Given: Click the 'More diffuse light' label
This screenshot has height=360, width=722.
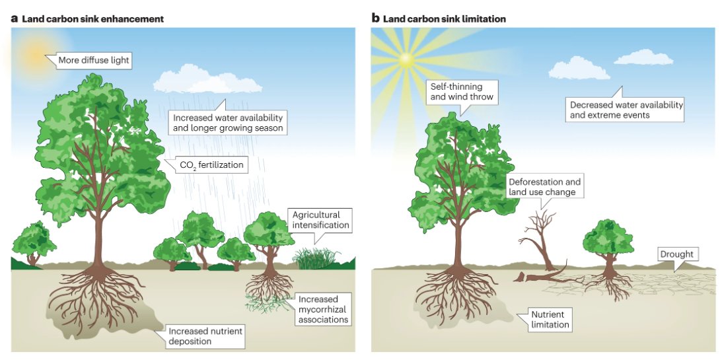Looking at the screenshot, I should point(93,61).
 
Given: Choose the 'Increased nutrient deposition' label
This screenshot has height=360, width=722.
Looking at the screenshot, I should point(205,336).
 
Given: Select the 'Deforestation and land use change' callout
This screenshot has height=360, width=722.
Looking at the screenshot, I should point(545,186).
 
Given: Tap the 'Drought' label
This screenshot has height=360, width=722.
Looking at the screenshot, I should point(677,254).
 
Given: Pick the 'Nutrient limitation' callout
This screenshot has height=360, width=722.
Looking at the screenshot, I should point(550,320).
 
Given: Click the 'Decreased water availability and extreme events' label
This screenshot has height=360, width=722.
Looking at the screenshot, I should point(626,110).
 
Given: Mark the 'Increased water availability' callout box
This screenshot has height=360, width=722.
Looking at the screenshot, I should point(228,122).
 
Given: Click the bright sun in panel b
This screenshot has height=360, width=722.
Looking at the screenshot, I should point(405,59).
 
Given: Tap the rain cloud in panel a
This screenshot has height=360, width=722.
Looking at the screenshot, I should point(207,83).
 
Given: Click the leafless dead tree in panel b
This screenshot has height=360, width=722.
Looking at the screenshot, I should point(541,238).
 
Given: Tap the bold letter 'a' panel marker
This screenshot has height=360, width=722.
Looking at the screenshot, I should point(14,18).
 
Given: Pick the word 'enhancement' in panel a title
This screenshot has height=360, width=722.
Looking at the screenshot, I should point(131,18).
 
